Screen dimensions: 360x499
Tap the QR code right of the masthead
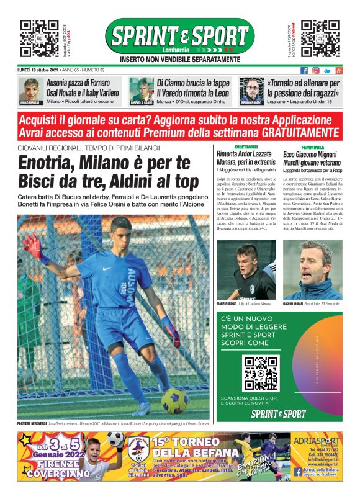(320, 38)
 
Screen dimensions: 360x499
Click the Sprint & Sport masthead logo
(179, 37)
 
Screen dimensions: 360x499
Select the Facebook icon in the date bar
(304, 70)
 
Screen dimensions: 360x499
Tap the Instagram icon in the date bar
(315, 70)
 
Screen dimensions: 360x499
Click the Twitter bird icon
(327, 70)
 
